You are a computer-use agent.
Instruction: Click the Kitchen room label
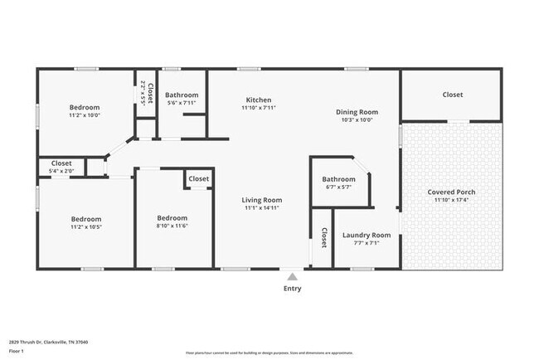tap(257, 99)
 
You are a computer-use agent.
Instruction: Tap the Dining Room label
tap(357, 111)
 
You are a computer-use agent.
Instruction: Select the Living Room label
tap(262, 200)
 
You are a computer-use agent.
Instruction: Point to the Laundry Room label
tap(366, 235)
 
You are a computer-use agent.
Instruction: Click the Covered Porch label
tap(451, 192)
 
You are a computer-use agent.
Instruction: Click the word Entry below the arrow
tap(292, 289)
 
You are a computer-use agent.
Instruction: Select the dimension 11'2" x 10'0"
tap(84, 116)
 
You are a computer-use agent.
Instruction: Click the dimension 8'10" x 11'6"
tap(172, 226)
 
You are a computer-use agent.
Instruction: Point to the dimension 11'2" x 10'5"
tap(85, 226)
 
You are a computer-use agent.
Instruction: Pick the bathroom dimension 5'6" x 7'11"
tap(181, 103)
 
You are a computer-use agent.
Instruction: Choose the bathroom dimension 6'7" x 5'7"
tap(338, 187)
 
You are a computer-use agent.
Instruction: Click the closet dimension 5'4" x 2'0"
tap(61, 171)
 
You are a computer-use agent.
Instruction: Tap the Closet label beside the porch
tap(452, 95)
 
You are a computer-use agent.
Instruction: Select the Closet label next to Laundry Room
tap(323, 238)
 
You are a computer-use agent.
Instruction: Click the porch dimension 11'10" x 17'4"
tap(451, 200)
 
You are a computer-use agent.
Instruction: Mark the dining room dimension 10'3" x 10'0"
tap(357, 119)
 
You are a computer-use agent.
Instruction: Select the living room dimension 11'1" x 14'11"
tap(262, 208)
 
